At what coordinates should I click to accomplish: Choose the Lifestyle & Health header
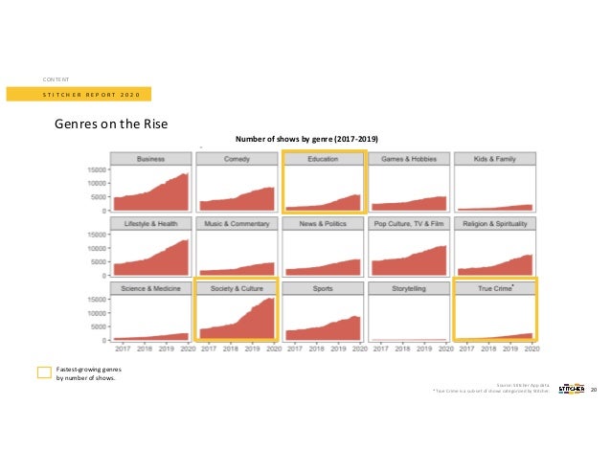pyautogui.click(x=150, y=223)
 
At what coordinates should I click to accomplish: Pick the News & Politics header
pyautogui.click(x=323, y=223)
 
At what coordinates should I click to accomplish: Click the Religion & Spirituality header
pyautogui.click(x=495, y=223)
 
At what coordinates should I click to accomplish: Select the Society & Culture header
pyautogui.click(x=237, y=287)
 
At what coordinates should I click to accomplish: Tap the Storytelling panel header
pyautogui.click(x=409, y=287)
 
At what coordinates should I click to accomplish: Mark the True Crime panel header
pyautogui.click(x=495, y=287)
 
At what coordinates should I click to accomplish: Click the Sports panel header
pyautogui.click(x=323, y=287)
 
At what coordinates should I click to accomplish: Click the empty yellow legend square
pyautogui.click(x=43, y=371)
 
